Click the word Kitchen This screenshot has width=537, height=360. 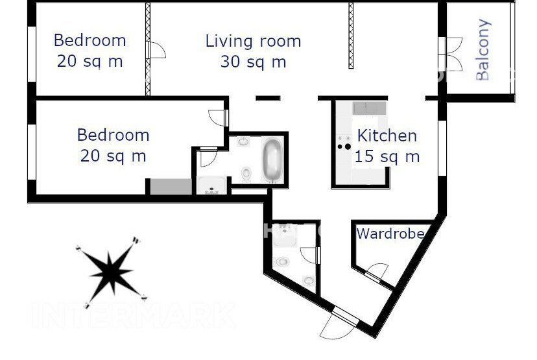[x=387, y=136]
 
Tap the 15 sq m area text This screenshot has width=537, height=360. [x=387, y=156]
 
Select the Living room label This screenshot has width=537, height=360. [x=253, y=41]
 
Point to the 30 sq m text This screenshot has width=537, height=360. [x=253, y=62]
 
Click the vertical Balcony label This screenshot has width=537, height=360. [x=483, y=50]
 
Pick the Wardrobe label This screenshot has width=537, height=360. [x=390, y=234]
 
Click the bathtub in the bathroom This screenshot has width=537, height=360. [x=272, y=160]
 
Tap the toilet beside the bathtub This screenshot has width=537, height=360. [x=246, y=174]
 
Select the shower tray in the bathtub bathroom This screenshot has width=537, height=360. [x=211, y=186]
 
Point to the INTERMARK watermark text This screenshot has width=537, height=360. [x=132, y=315]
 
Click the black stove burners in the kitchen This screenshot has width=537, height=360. [x=344, y=147]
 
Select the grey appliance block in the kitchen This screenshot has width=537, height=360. [x=369, y=108]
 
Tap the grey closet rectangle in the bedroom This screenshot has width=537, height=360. [x=171, y=187]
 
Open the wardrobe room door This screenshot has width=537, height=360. [x=377, y=271]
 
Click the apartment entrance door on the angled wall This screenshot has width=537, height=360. [x=339, y=324]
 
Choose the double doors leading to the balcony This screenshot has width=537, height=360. [x=451, y=54]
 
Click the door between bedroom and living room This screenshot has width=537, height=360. [x=156, y=50]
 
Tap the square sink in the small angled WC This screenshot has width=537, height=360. [x=285, y=235]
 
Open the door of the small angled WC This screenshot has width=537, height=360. [x=310, y=255]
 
